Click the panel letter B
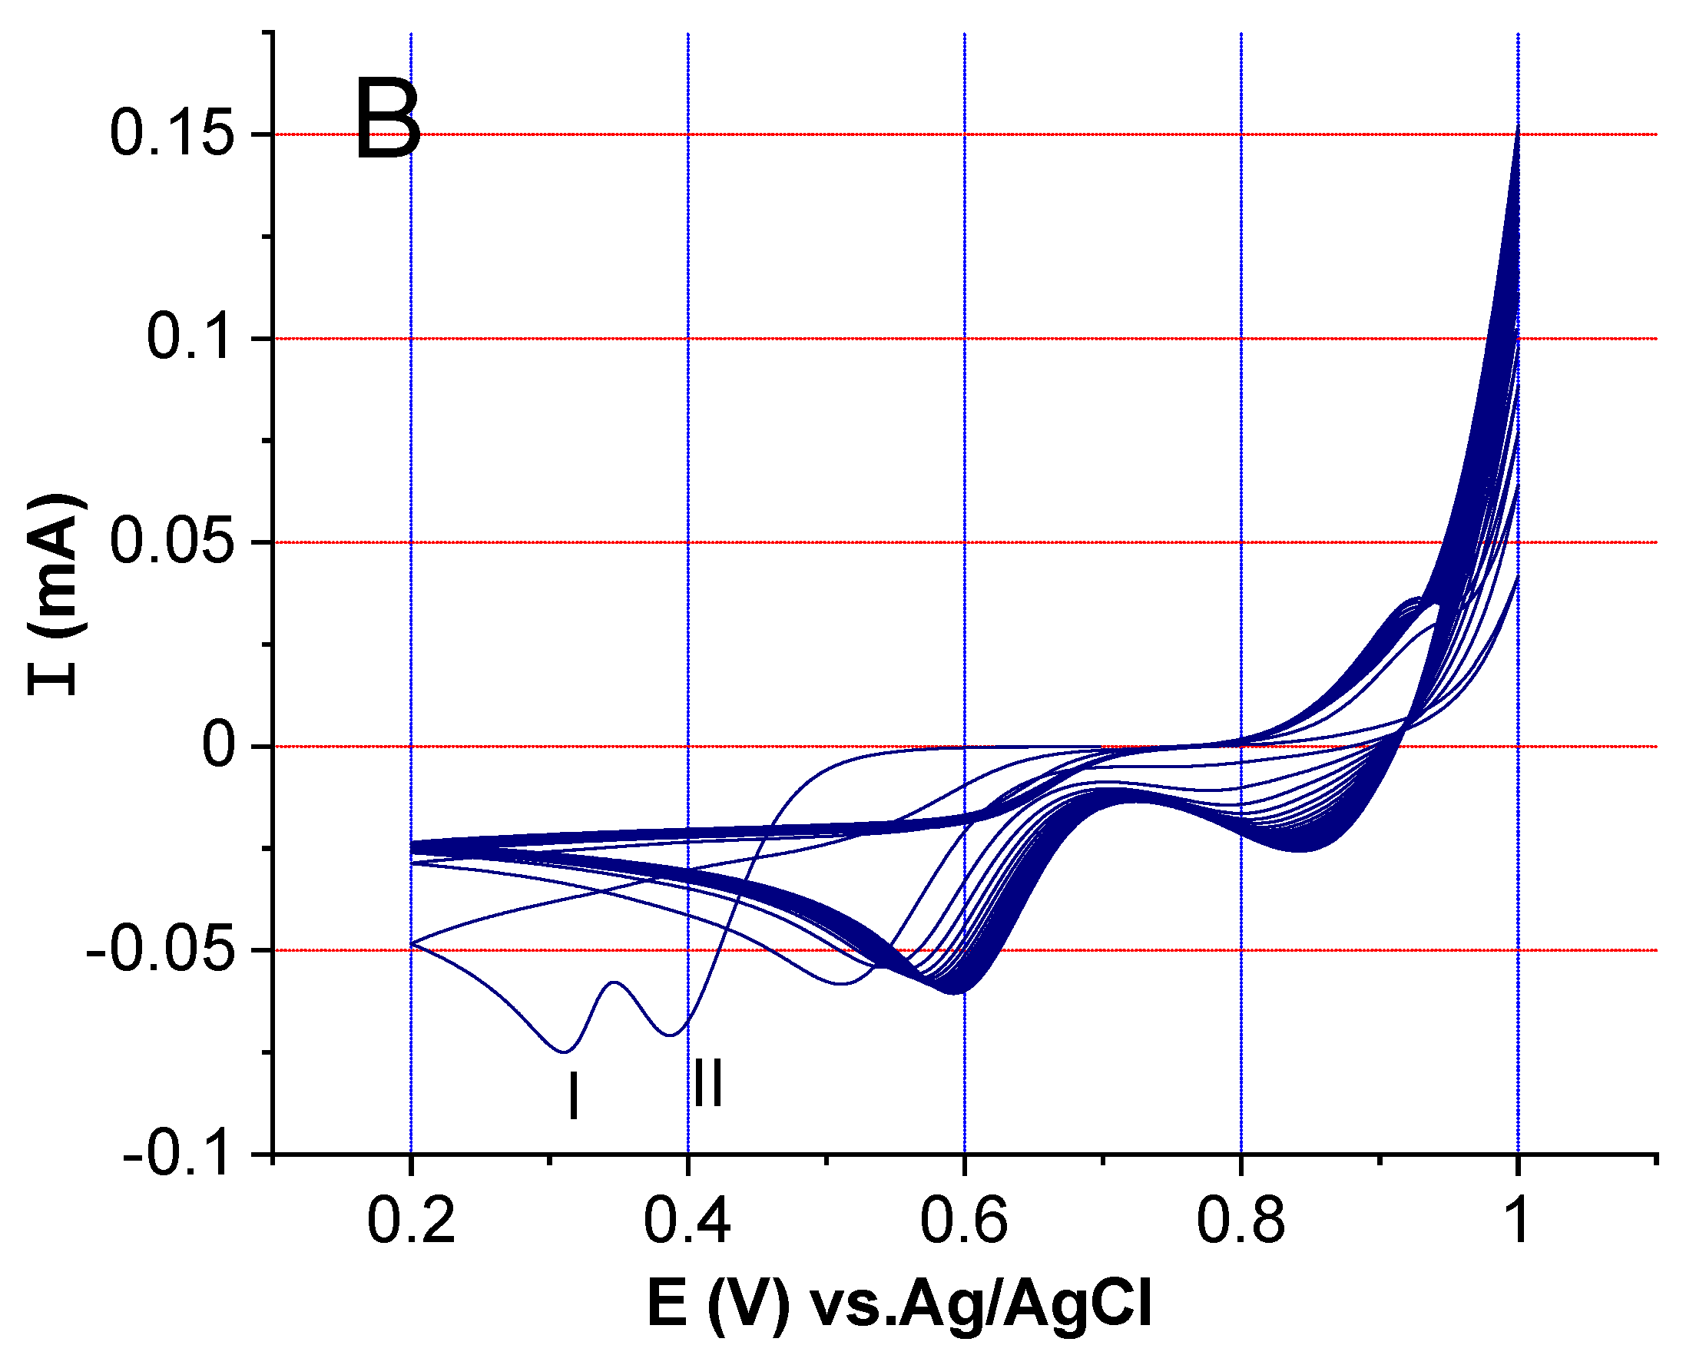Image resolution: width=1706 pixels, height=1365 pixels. [x=388, y=120]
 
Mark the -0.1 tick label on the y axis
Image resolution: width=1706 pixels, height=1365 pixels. [x=180, y=1155]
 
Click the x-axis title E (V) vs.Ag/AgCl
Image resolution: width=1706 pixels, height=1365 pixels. [x=899, y=1304]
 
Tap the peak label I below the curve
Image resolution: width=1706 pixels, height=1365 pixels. [x=574, y=1097]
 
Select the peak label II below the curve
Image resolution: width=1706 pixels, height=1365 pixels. [x=708, y=1083]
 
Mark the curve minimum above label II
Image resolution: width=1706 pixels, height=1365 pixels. [x=671, y=1034]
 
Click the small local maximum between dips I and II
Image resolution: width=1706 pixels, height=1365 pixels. [x=615, y=982]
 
